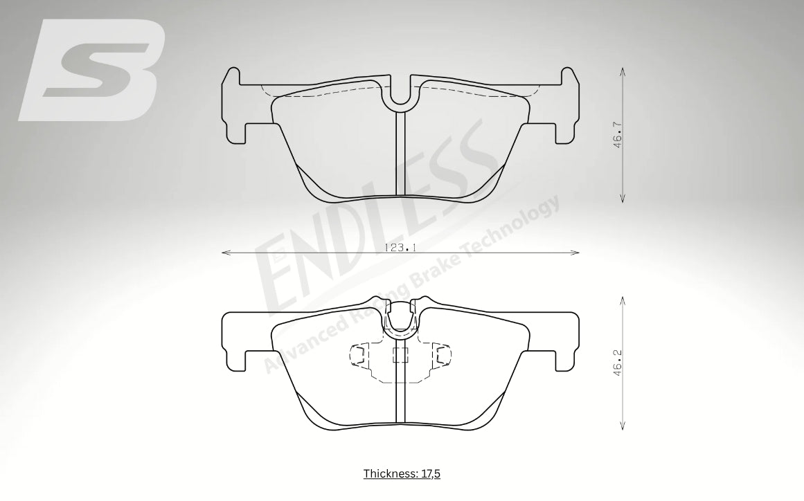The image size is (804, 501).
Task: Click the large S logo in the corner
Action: click(x=92, y=71)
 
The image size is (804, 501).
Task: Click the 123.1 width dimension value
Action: click(x=400, y=248)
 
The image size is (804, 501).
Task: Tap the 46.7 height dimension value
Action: click(x=618, y=135)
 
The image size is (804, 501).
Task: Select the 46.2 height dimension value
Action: click(x=618, y=363)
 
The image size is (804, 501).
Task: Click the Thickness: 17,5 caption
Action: click(x=402, y=473)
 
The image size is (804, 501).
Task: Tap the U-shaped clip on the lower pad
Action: click(x=400, y=320)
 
